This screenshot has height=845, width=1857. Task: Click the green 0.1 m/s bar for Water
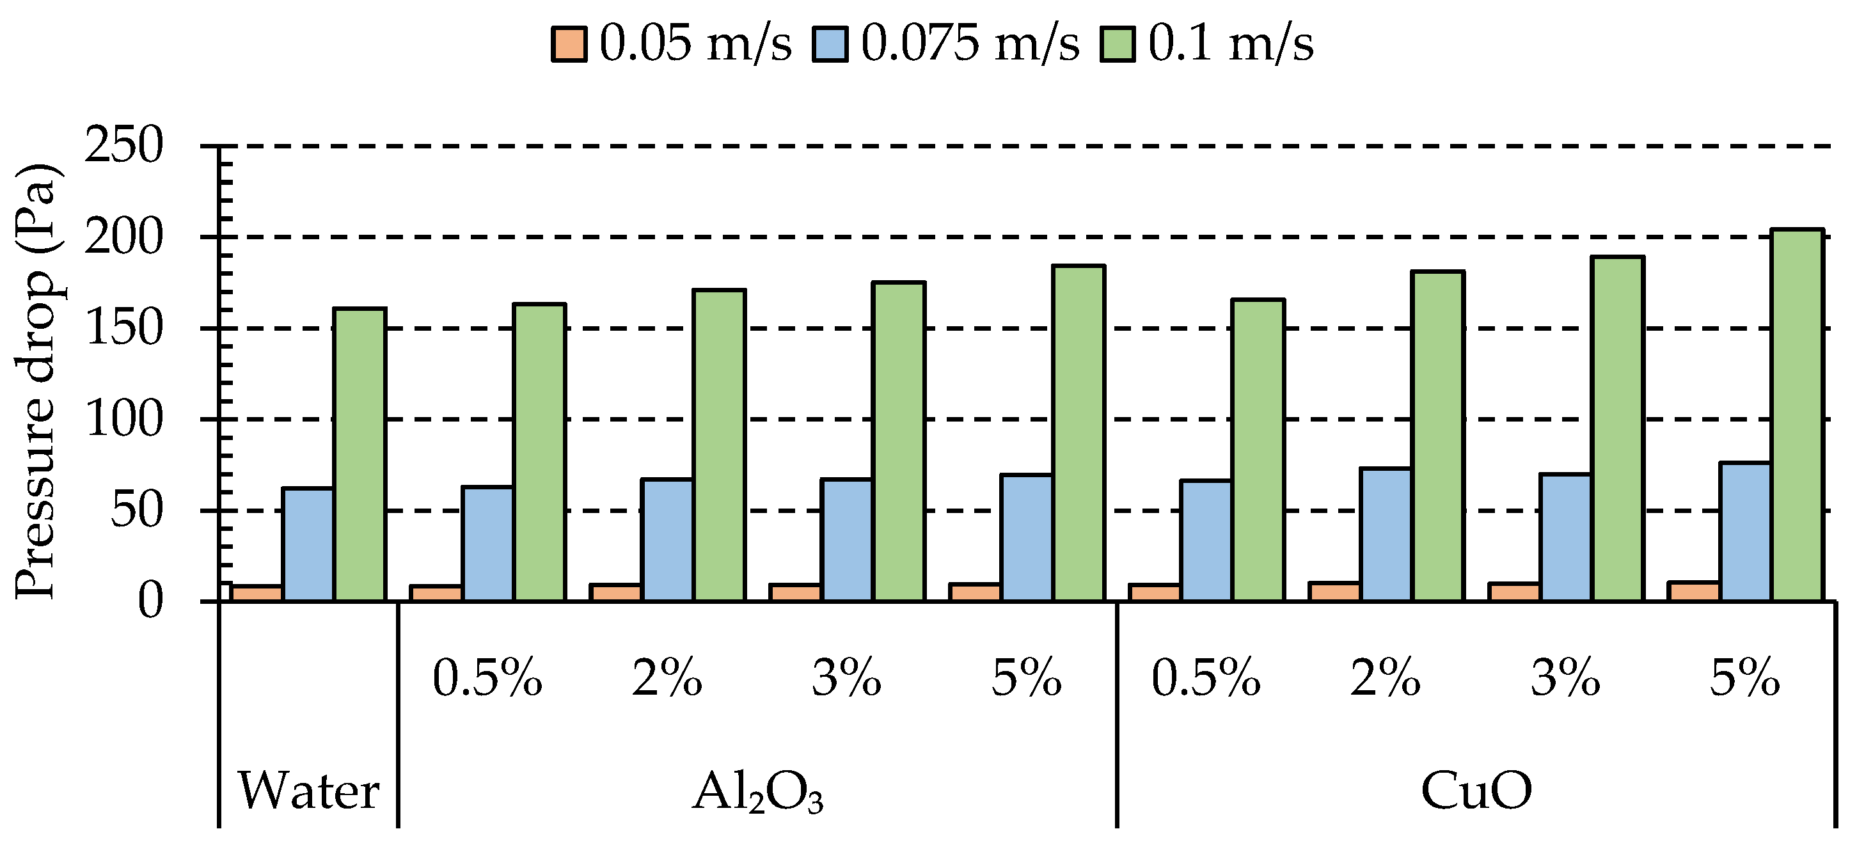(360, 454)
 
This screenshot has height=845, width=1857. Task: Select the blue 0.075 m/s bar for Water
(308, 544)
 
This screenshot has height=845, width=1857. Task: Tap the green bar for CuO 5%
(1797, 415)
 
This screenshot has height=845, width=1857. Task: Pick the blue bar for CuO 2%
(1386, 534)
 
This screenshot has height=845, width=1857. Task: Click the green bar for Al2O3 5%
(1079, 432)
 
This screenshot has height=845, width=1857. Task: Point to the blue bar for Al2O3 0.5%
(488, 544)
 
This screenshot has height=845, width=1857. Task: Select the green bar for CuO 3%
(1618, 429)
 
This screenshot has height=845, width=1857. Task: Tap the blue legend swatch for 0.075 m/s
(830, 44)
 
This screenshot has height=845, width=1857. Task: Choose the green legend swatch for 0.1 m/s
(1117, 44)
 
